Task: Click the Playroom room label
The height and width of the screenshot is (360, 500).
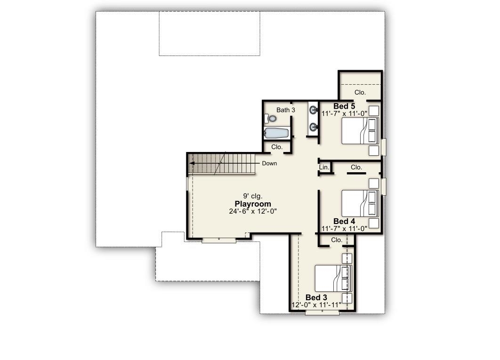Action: coord(253,204)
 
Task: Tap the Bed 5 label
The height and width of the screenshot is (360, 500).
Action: coord(344,106)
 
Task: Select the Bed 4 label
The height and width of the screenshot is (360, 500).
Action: coord(344,221)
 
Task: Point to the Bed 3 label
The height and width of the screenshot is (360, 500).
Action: coord(316,297)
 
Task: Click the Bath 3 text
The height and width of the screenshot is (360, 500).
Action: coord(286,110)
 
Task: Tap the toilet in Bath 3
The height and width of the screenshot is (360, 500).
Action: coord(270,119)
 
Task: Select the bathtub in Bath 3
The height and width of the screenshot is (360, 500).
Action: coord(277,133)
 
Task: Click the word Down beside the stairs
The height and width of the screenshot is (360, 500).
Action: coord(269,163)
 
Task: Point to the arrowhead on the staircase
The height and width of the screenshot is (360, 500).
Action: coord(192,163)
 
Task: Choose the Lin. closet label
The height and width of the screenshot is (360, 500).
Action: coord(324,167)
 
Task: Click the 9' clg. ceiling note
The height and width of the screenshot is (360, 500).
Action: coord(253,196)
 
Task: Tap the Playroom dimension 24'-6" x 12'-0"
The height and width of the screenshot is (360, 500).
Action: coord(253,211)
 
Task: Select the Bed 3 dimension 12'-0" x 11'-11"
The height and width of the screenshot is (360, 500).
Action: coord(316,305)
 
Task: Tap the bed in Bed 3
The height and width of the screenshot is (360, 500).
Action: coord(333,279)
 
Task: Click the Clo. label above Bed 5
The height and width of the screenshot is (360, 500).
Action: coord(360,93)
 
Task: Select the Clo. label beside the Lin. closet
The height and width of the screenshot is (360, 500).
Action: coord(356,167)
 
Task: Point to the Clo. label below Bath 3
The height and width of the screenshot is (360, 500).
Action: coord(277,147)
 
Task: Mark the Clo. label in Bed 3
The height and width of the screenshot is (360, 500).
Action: coord(337,240)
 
